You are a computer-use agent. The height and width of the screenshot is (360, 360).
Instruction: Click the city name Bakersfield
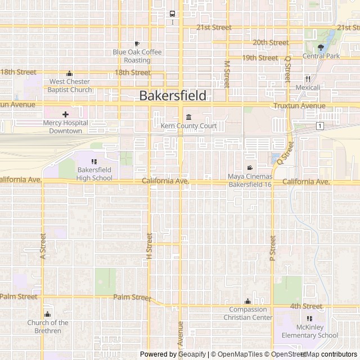click(x=173, y=95)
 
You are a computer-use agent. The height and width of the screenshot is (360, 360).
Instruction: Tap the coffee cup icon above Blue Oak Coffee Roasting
click(x=137, y=44)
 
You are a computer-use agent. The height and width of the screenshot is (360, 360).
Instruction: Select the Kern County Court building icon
click(x=188, y=118)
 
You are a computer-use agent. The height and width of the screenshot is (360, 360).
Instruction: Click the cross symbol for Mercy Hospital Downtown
click(x=65, y=114)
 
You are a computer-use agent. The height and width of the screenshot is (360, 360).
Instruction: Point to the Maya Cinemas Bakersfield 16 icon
click(x=250, y=168)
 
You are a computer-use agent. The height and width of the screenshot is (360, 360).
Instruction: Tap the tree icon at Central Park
click(x=321, y=48)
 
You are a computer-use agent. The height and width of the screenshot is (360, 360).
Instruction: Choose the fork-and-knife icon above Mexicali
click(x=308, y=79)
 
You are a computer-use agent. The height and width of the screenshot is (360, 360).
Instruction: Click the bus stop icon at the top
click(x=173, y=14)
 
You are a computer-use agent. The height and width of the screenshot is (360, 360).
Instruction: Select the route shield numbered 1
click(x=319, y=125)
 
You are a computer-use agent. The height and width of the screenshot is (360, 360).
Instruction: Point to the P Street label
click(x=273, y=247)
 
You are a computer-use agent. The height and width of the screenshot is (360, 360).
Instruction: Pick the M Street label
click(x=227, y=74)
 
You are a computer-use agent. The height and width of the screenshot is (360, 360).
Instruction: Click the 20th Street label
click(x=271, y=42)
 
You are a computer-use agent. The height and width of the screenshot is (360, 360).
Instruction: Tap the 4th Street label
click(x=306, y=306)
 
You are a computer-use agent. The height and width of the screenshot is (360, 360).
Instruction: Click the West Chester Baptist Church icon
click(x=69, y=73)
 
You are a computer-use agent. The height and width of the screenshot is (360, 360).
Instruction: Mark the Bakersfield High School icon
click(x=94, y=162)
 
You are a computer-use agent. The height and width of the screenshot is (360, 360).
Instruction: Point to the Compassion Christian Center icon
click(x=248, y=301)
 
